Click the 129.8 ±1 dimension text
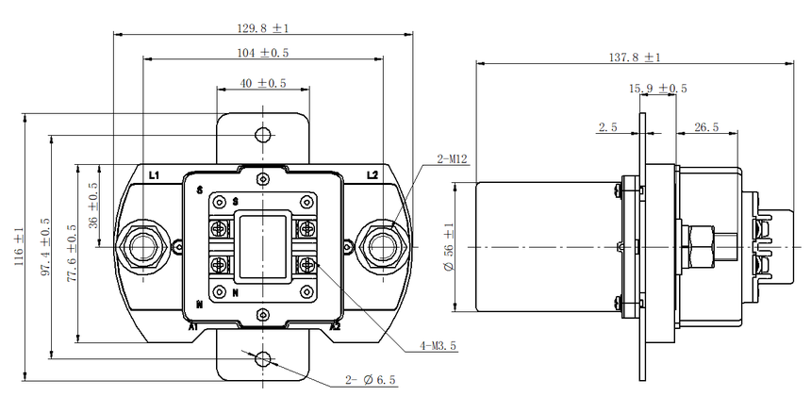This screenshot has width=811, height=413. click(x=263, y=28)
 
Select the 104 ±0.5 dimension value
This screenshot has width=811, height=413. click(x=263, y=53)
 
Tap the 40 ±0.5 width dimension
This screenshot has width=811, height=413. click(x=263, y=83)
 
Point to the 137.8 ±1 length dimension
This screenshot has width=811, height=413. click(x=635, y=58)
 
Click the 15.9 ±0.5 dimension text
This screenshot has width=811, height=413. click(x=658, y=89)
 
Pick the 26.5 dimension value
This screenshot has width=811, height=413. click(x=706, y=127)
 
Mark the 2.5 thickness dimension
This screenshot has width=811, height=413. click(x=607, y=127)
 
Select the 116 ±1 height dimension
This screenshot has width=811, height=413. click(x=19, y=247)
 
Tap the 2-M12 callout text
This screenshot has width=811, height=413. click(x=452, y=159)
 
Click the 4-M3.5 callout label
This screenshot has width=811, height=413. click(x=439, y=346)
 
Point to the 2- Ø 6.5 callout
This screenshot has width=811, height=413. click(x=371, y=380)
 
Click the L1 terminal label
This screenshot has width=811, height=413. click(x=154, y=175)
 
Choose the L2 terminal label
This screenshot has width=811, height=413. click(x=372, y=175)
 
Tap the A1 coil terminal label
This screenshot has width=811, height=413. click(x=193, y=326)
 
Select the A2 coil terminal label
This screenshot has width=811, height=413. click(x=335, y=326)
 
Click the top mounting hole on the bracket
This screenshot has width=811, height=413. click(x=264, y=135)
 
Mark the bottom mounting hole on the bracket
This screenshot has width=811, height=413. click(x=264, y=358)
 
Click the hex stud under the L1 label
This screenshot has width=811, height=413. click(x=142, y=247)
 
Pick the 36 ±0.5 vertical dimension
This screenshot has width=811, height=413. click(x=93, y=206)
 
